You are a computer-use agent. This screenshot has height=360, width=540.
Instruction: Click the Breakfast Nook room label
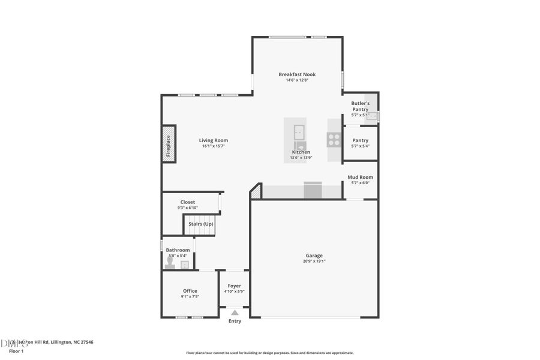[x=297, y=74]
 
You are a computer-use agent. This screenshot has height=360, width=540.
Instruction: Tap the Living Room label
[x=214, y=140]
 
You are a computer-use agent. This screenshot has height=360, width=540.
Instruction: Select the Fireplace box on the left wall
[x=169, y=143]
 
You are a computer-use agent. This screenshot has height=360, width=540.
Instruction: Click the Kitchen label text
[x=301, y=152]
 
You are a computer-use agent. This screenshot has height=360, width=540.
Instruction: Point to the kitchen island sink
[x=299, y=131]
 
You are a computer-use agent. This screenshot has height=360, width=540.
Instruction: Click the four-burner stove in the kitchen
[x=334, y=140]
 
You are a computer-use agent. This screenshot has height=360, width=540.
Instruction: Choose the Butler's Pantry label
[x=360, y=106]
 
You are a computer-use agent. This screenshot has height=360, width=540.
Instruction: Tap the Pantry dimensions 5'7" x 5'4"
[x=360, y=146]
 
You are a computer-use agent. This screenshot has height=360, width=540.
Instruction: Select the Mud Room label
[x=361, y=177]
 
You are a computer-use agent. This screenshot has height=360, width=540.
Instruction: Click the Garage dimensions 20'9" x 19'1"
[x=314, y=261]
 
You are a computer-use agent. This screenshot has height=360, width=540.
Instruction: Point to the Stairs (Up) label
[x=201, y=224]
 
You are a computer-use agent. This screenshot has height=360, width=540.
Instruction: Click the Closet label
[x=187, y=202]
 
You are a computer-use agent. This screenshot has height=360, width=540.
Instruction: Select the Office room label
[x=190, y=291]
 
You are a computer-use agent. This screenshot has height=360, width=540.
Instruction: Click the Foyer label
[x=234, y=286]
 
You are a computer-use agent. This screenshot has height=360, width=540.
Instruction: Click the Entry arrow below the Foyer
[x=235, y=313]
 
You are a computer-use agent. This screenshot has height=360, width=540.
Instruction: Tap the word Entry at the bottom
[x=235, y=321]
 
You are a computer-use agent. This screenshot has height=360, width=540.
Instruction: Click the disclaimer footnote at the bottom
[x=270, y=353]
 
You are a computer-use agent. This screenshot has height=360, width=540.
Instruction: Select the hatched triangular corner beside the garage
[x=256, y=191]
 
